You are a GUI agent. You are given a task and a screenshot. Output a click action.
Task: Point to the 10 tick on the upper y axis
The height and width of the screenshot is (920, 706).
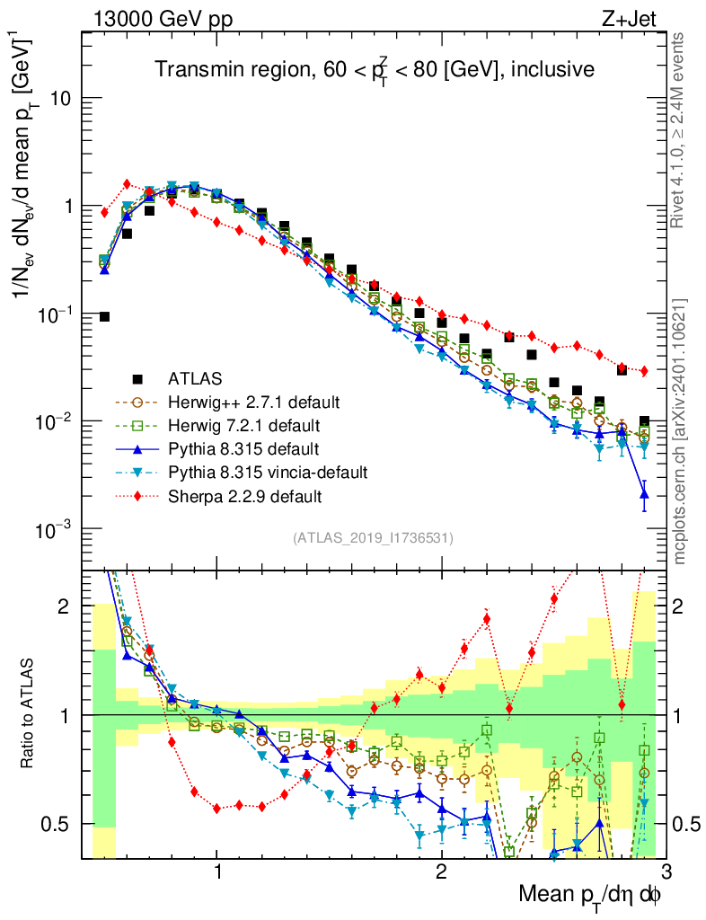[x=60, y=98]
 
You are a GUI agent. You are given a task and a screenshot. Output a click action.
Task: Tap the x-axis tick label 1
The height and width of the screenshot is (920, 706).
[x=217, y=872]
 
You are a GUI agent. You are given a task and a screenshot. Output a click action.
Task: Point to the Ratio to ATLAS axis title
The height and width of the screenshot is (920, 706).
[x=28, y=713]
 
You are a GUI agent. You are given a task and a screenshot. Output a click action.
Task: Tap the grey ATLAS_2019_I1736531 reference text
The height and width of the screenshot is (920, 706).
[x=373, y=538]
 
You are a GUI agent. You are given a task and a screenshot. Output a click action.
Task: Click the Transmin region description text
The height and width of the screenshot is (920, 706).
[x=373, y=69]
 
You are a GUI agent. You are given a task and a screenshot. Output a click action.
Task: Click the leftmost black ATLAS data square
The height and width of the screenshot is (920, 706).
[x=104, y=316]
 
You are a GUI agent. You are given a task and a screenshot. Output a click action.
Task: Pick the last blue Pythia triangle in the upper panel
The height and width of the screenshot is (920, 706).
[x=644, y=493]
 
